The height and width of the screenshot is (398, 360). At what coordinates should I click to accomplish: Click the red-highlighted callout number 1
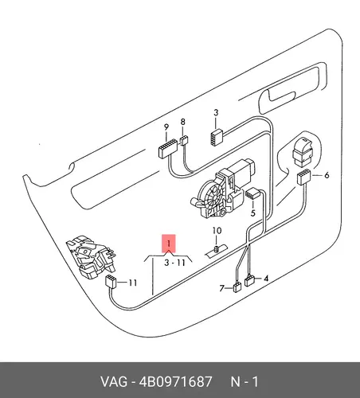click(x=169, y=244)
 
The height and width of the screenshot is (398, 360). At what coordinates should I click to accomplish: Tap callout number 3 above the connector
click(x=216, y=112)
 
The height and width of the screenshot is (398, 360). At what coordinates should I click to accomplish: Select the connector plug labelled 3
click(x=217, y=137)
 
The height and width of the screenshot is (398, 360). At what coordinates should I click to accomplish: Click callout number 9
click(x=166, y=127)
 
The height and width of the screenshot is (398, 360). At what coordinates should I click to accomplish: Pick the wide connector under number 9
click(x=167, y=149)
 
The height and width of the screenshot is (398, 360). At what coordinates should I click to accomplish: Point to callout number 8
click(x=182, y=122)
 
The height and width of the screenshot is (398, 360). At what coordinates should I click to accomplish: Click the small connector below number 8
click(x=183, y=140)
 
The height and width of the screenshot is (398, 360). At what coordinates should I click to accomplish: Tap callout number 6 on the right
click(x=327, y=175)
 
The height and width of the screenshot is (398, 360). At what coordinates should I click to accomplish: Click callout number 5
click(x=253, y=213)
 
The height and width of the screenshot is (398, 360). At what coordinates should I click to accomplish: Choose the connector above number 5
click(x=252, y=193)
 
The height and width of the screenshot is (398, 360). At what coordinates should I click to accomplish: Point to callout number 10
click(x=217, y=231)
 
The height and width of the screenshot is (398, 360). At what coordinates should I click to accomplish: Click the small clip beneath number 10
click(x=217, y=249)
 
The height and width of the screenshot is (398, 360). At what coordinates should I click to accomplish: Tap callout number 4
click(x=266, y=279)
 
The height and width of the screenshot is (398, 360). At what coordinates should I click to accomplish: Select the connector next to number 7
click(x=237, y=287)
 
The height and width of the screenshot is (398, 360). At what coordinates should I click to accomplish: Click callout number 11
click(x=132, y=283)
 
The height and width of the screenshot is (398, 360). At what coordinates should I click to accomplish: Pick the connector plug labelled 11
click(x=111, y=282)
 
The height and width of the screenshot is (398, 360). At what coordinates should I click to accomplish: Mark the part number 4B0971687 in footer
click(x=175, y=382)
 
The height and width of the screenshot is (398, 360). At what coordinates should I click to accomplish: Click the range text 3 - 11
click(x=174, y=263)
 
